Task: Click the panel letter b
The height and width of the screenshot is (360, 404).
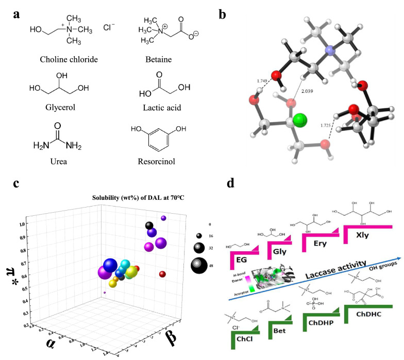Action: pos(223,14)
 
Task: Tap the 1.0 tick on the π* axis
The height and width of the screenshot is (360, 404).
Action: pos(22,224)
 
